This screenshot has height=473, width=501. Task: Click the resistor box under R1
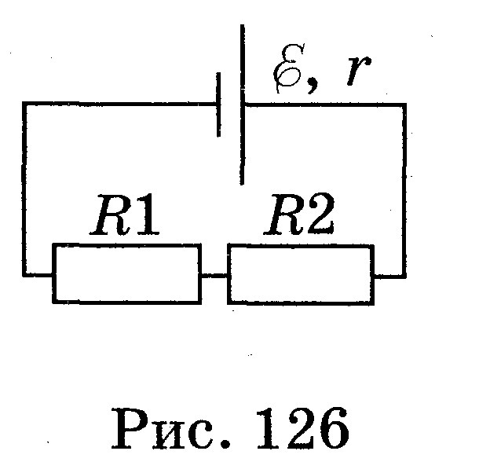(x=127, y=244)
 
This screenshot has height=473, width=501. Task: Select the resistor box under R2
(x=301, y=245)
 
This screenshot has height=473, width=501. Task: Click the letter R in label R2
(x=285, y=214)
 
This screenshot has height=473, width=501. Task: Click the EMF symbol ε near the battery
(x=288, y=68)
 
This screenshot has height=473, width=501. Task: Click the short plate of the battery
(x=218, y=104)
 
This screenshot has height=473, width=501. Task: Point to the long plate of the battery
(x=242, y=104)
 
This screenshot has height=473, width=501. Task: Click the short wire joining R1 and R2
(x=214, y=275)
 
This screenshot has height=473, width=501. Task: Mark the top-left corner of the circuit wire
(x=24, y=104)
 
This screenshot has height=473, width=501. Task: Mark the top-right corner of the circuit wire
(x=404, y=105)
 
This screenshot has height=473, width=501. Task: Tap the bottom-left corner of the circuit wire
(x=24, y=274)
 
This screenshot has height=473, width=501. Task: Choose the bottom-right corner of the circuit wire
(x=404, y=276)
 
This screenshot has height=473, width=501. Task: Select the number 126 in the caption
(x=302, y=428)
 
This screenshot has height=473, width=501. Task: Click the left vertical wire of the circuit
(x=24, y=189)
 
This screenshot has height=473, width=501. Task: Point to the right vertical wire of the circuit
(x=404, y=190)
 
